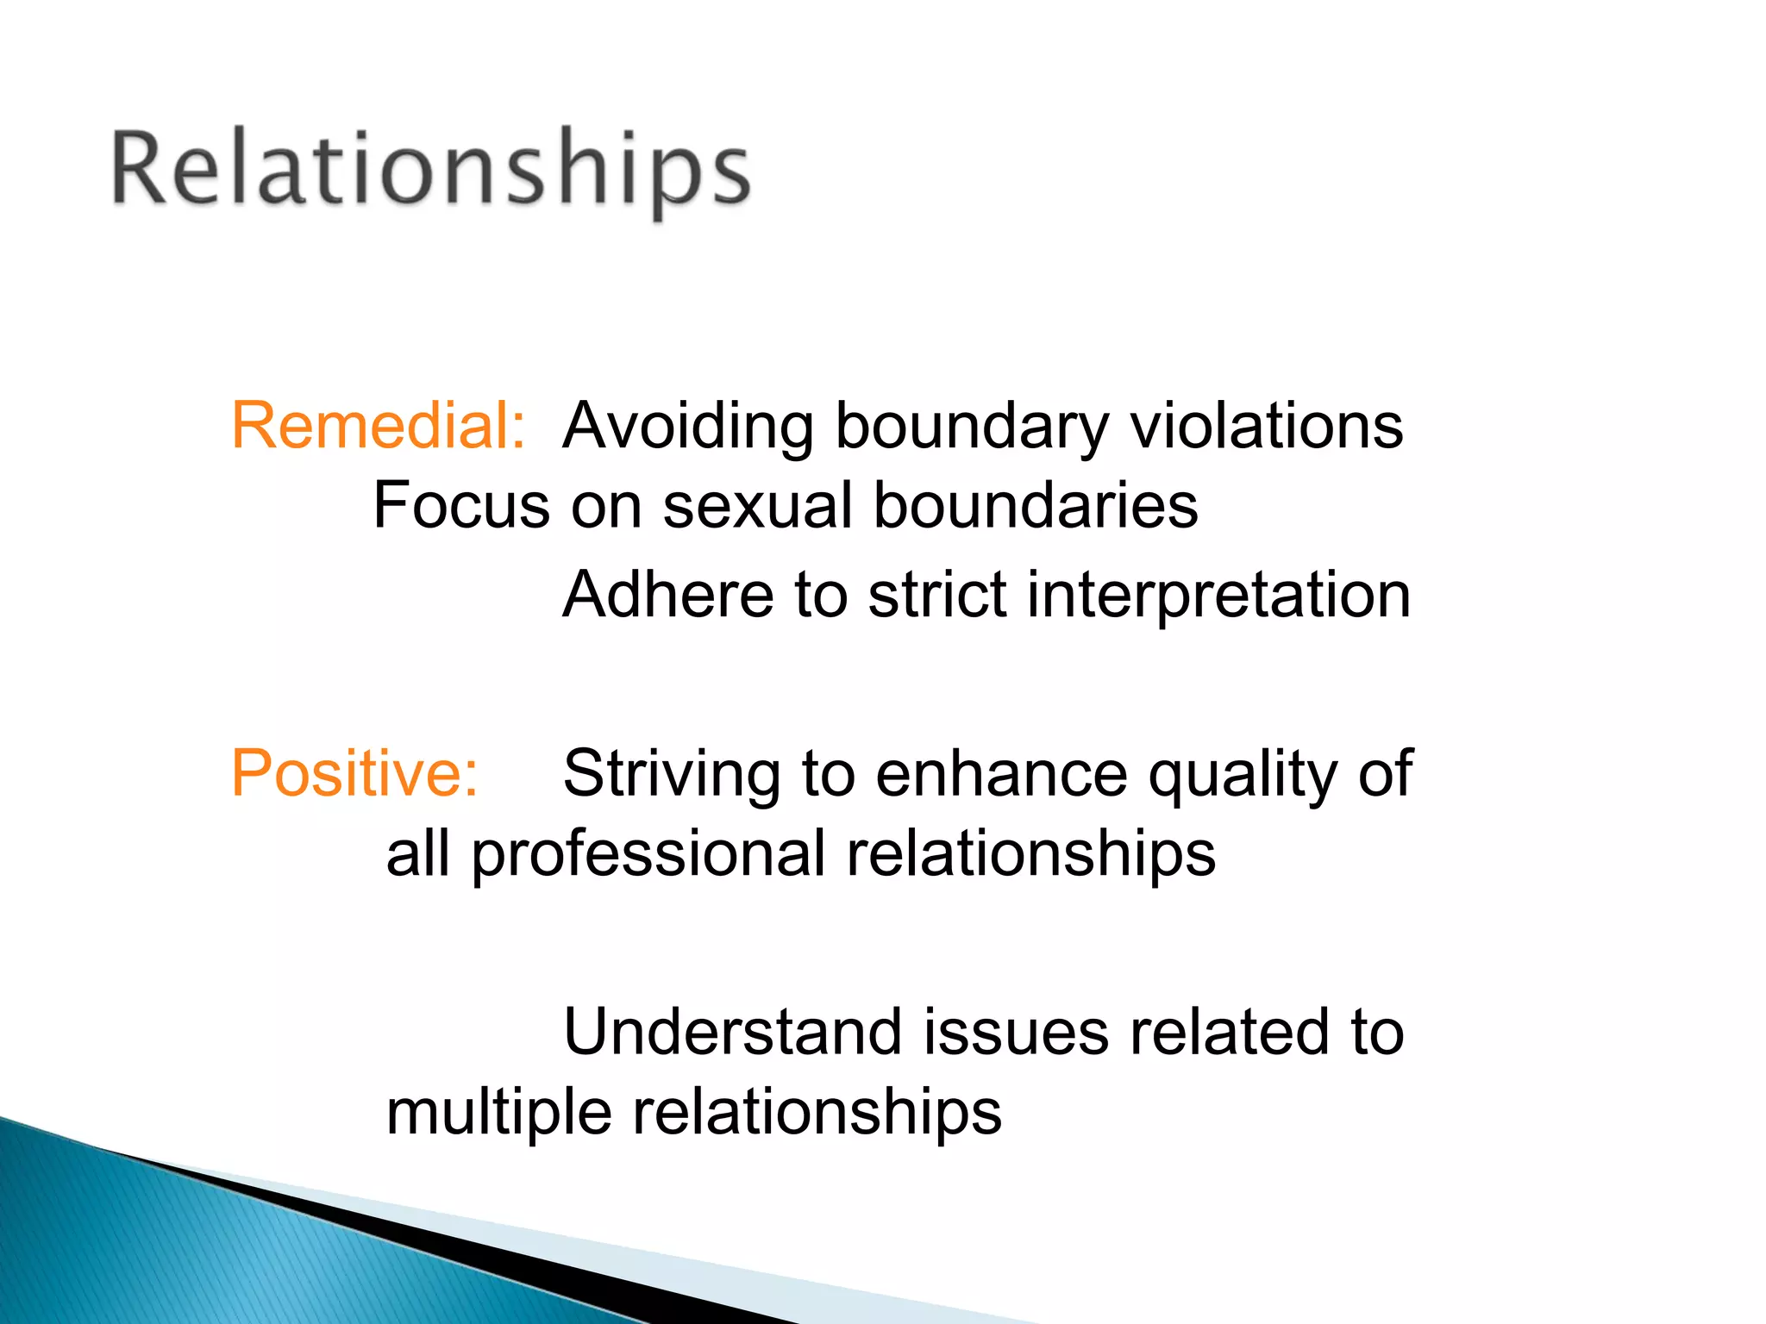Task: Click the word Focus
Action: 460,505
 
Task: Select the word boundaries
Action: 1035,505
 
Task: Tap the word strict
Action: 936,595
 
